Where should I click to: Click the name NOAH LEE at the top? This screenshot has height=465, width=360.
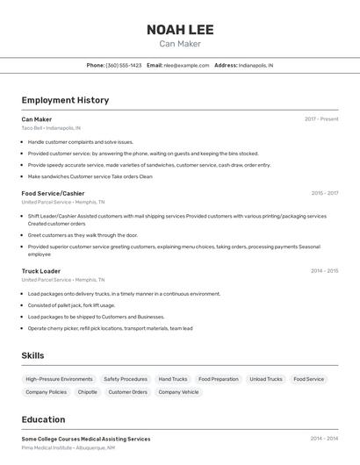180,29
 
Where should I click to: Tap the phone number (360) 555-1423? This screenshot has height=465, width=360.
124,65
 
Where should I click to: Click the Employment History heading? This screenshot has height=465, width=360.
65,100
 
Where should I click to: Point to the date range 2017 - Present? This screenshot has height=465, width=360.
321,119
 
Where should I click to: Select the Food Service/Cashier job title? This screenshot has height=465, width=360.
53,193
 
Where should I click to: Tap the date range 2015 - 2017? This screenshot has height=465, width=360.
324,193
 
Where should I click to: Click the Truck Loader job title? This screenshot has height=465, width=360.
41,271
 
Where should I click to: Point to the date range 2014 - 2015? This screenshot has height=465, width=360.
324,271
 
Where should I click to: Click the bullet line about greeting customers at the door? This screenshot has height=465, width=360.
83,235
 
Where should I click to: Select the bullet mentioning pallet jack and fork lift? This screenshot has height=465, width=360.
71,305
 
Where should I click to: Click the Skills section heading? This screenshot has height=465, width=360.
32,355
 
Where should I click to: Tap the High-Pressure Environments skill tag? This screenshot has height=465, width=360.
59,379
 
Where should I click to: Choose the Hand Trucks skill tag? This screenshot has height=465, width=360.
173,379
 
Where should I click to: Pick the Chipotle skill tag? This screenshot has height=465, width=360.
88,392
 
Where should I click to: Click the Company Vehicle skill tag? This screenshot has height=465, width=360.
178,392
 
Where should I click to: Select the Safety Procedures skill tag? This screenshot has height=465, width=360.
126,379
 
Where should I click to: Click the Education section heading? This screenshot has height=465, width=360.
43,419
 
